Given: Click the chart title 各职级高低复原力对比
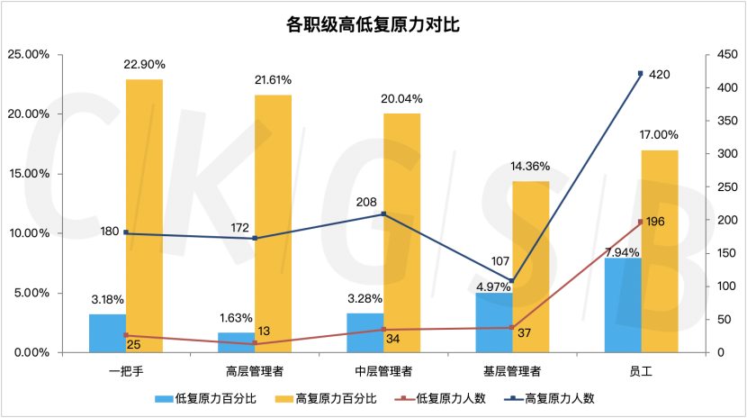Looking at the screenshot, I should pyautogui.click(x=373, y=24).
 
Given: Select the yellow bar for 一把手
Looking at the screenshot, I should pyautogui.click(x=144, y=216).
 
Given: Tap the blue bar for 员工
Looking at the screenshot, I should pyautogui.click(x=623, y=305).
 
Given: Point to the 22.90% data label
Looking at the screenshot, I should pyautogui.click(x=144, y=65).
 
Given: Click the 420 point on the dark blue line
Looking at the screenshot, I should pyautogui.click(x=641, y=74).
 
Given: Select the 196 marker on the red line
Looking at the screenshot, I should pyautogui.click(x=641, y=222).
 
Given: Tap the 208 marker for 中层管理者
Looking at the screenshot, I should pyautogui.click(x=384, y=214).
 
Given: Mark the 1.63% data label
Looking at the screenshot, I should pyautogui.click(x=236, y=318).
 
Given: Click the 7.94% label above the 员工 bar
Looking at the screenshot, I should pyautogui.click(x=622, y=251).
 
